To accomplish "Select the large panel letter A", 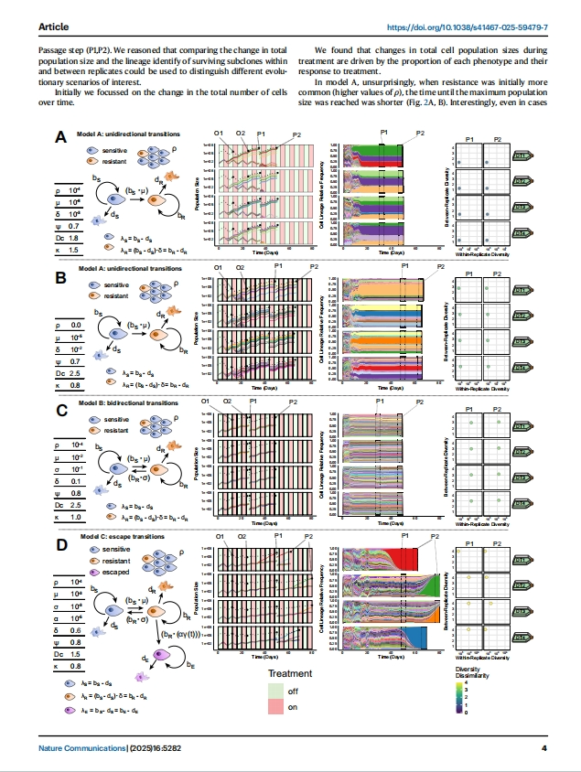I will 61,138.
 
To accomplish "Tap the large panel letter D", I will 61,546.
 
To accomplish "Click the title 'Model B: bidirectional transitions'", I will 128,403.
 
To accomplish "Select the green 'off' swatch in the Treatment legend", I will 275,692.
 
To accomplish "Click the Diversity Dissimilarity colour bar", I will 458,697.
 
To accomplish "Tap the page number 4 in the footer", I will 543,750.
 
